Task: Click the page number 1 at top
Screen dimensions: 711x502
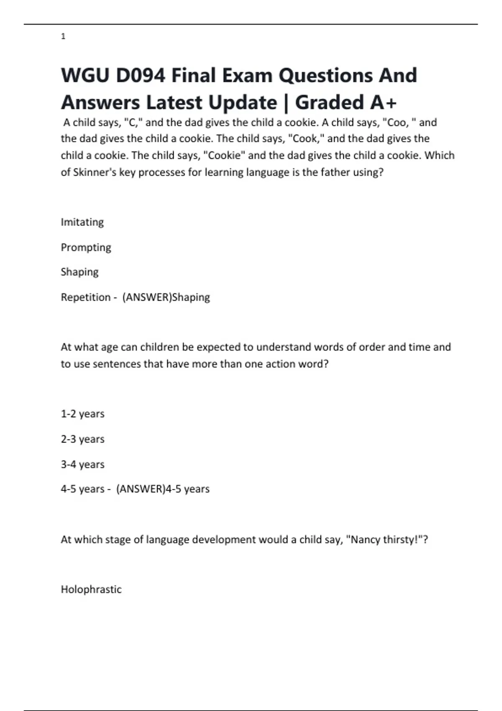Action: coord(63,37)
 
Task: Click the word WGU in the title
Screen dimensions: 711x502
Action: coord(85,76)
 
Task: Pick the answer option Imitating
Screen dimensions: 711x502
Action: coord(82,222)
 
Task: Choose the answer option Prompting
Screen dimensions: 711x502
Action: coord(86,248)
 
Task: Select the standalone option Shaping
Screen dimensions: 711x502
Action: coord(79,272)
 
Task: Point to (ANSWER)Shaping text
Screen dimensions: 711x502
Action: coord(166,297)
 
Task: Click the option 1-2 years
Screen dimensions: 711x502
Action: coord(82,414)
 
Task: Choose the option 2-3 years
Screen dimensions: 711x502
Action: coord(82,439)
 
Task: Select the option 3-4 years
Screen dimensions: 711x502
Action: coord(82,464)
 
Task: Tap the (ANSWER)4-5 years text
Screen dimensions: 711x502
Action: coord(163,489)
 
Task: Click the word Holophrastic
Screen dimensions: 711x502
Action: coord(91,589)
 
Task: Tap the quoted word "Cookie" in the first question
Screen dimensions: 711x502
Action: coord(224,156)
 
